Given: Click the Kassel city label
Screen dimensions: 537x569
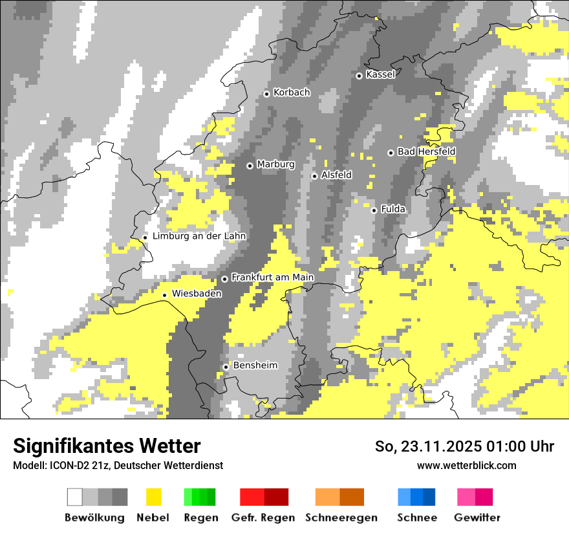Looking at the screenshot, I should coord(380,74).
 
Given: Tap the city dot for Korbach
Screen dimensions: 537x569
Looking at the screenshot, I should coord(266,94).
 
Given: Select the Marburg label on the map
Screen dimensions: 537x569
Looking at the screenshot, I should coord(275,164).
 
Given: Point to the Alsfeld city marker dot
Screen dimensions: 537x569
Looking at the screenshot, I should coord(314,176).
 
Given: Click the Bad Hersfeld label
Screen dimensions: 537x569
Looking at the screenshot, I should coord(426,151).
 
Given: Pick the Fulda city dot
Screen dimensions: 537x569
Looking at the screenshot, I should coord(374,210).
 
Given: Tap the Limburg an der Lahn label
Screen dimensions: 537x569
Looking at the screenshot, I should coord(199,236).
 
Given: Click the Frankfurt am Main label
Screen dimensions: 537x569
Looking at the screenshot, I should coord(272,277).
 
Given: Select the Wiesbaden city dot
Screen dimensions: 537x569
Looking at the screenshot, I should coord(165,295).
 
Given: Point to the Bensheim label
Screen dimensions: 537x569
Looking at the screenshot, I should coord(255,366).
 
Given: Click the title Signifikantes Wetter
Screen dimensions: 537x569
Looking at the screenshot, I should coord(107,446).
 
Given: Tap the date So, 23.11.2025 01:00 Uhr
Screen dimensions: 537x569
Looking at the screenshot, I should coord(464,446).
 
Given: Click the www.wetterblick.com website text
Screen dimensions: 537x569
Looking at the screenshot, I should coord(466,465).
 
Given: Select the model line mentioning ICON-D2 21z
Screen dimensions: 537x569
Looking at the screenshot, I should coord(118,465).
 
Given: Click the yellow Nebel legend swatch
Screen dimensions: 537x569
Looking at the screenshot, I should coord(153,497).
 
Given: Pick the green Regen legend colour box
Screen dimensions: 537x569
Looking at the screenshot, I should coord(200,497).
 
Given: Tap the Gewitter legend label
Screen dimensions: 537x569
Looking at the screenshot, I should coord(477,518).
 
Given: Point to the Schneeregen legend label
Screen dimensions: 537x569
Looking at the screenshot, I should coord(341,518).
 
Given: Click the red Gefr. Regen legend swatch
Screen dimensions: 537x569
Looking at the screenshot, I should coord(264,497).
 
